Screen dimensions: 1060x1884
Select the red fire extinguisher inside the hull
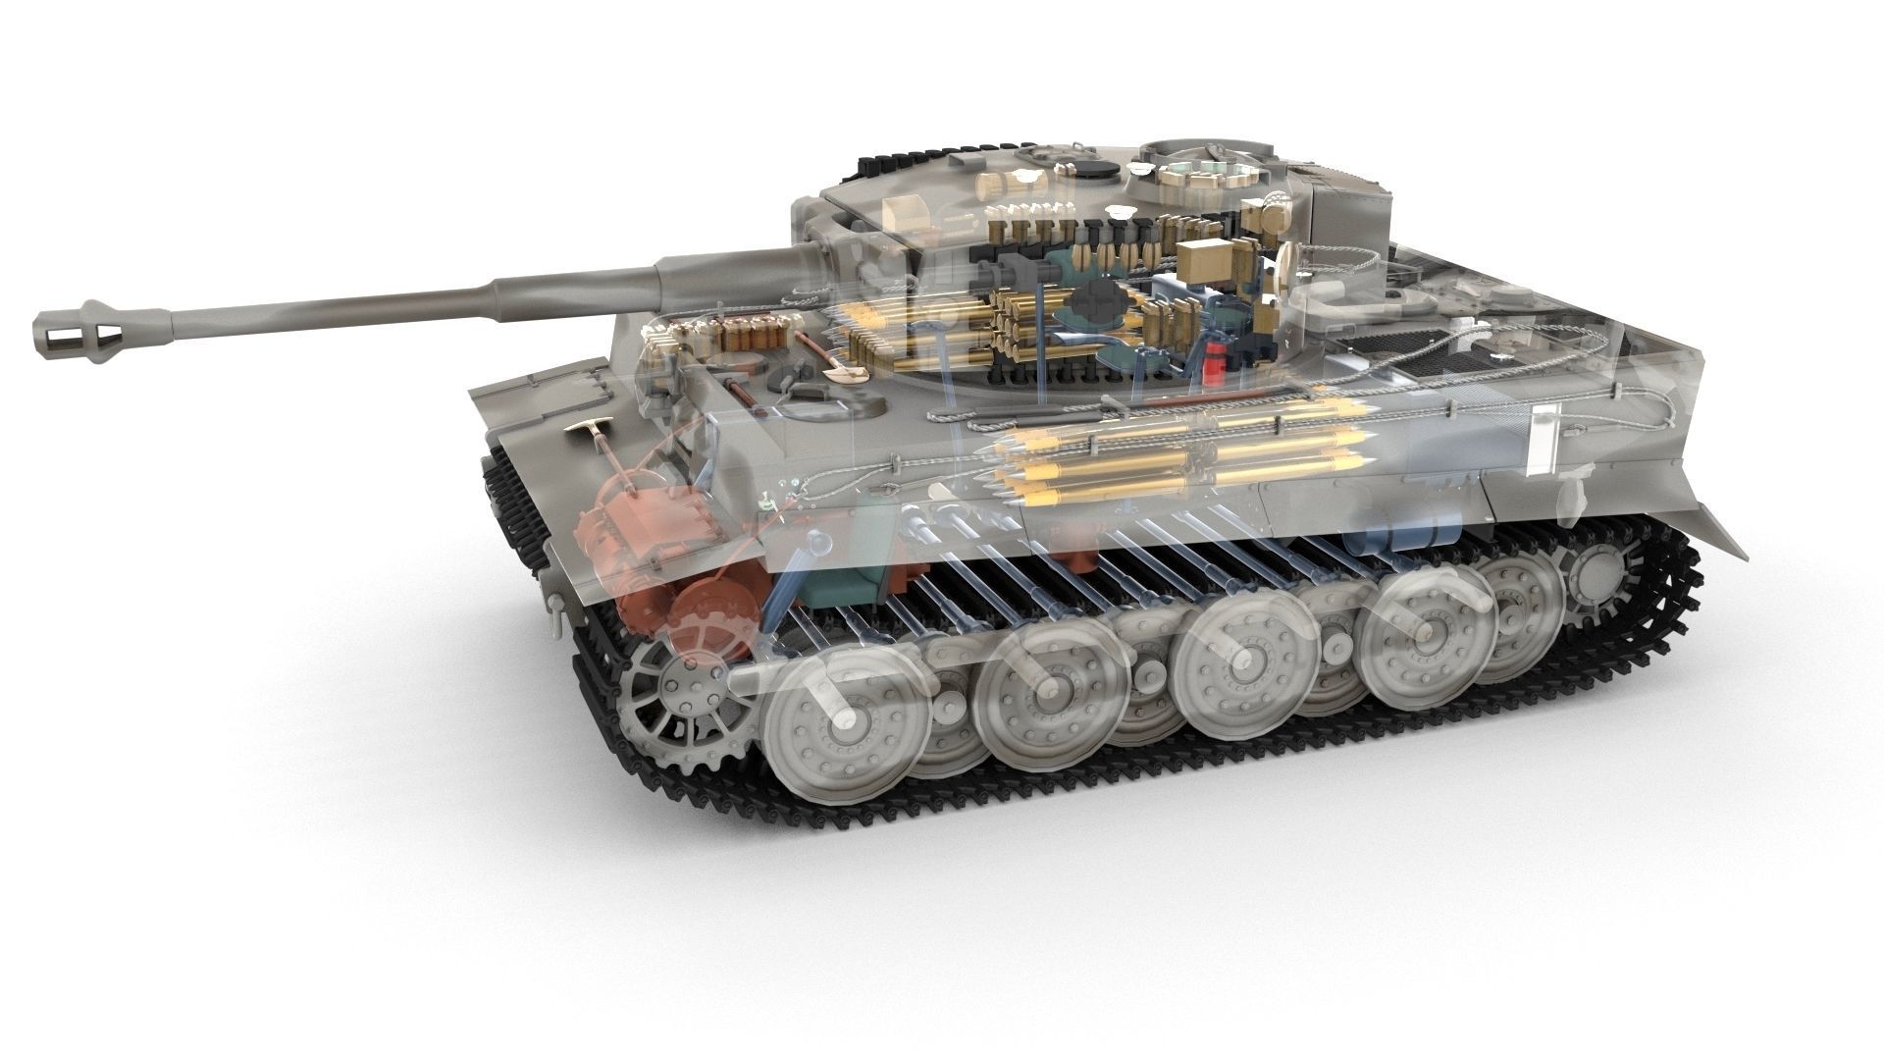(x=1216, y=361)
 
